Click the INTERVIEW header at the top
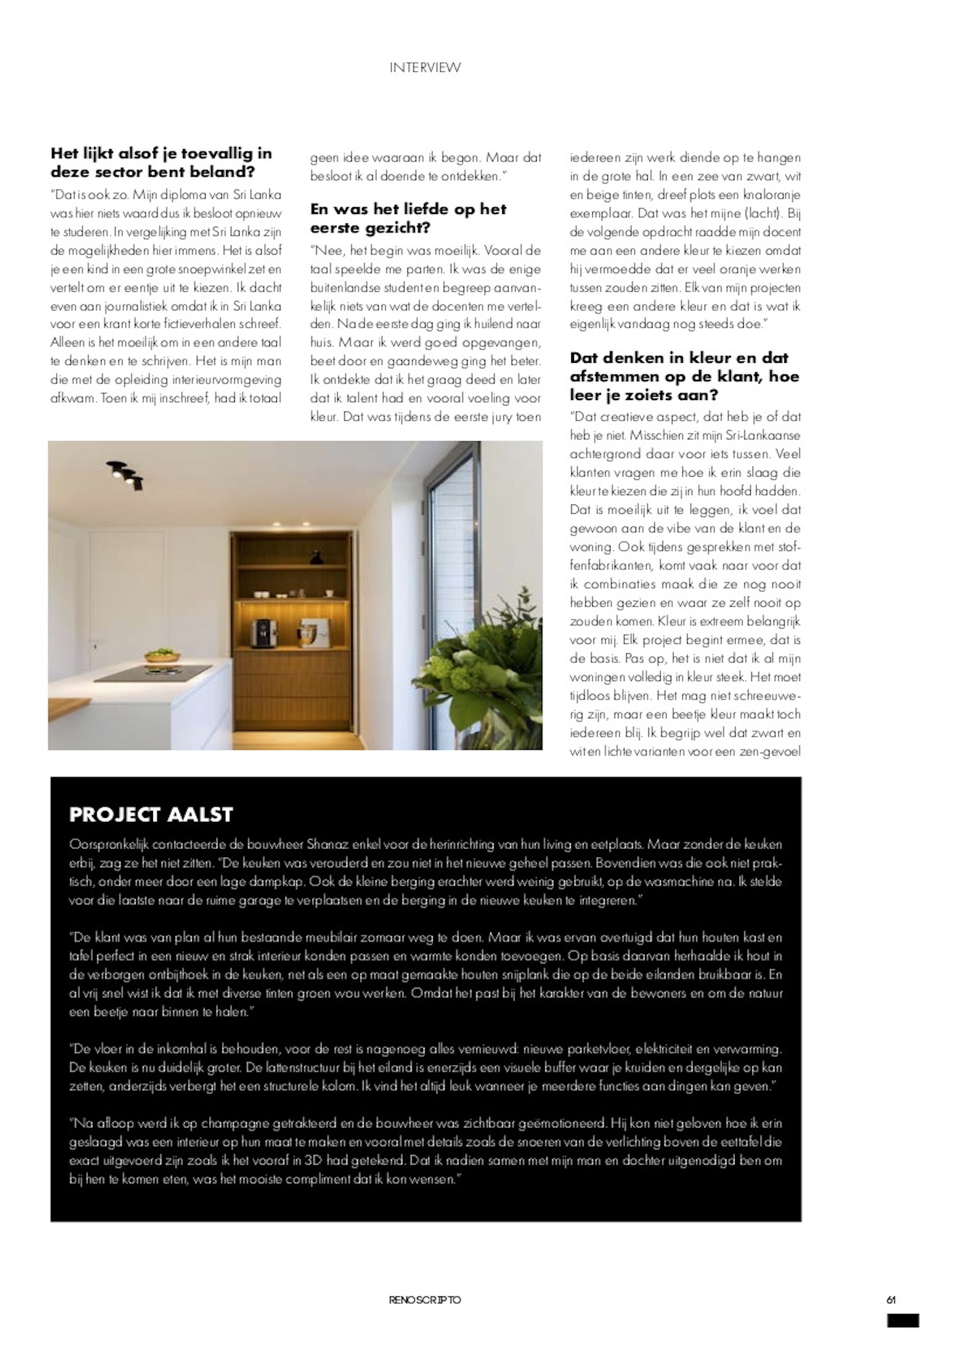pyautogui.click(x=425, y=68)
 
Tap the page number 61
pyautogui.click(x=891, y=1299)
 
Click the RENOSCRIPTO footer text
pyautogui.click(x=425, y=1300)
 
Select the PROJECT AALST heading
pyautogui.click(x=151, y=814)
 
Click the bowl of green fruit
pyautogui.click(x=159, y=654)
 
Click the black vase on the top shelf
pyautogui.click(x=316, y=557)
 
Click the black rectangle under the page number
pyautogui.click(x=903, y=1320)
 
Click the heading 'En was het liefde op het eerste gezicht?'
pyautogui.click(x=408, y=218)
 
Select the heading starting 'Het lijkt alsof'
pyautogui.click(x=161, y=162)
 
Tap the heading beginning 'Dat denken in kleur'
pyautogui.click(x=684, y=376)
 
